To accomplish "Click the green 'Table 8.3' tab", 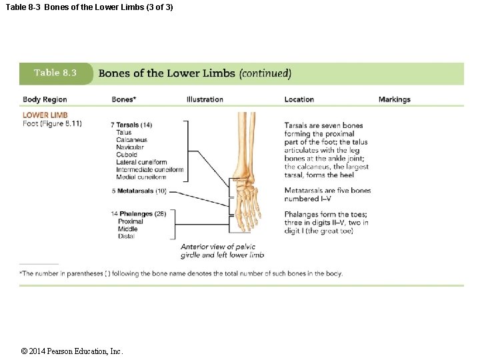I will [x=55, y=73].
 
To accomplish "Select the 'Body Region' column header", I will [x=45, y=99].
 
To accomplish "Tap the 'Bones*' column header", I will [x=124, y=99].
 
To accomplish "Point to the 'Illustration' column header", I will [x=205, y=99].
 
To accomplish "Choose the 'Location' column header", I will [x=299, y=99].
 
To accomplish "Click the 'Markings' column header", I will [x=394, y=99].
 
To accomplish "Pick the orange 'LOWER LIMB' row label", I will [x=45, y=115].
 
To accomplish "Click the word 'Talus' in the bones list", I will [x=124, y=133].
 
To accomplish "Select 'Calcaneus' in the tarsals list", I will [x=131, y=140].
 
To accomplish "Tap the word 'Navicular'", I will [x=131, y=147].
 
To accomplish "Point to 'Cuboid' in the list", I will [x=127, y=155].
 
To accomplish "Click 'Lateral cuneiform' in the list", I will [x=141, y=162].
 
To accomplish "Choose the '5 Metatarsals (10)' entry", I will [x=139, y=191].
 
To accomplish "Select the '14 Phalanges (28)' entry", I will [x=138, y=214].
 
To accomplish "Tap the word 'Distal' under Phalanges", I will [x=126, y=236].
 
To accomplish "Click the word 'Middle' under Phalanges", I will [x=127, y=229].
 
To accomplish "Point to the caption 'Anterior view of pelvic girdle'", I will [x=218, y=247].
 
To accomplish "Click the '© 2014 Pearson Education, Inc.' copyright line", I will [x=72, y=351].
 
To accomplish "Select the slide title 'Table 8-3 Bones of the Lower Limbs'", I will [x=89, y=7].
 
